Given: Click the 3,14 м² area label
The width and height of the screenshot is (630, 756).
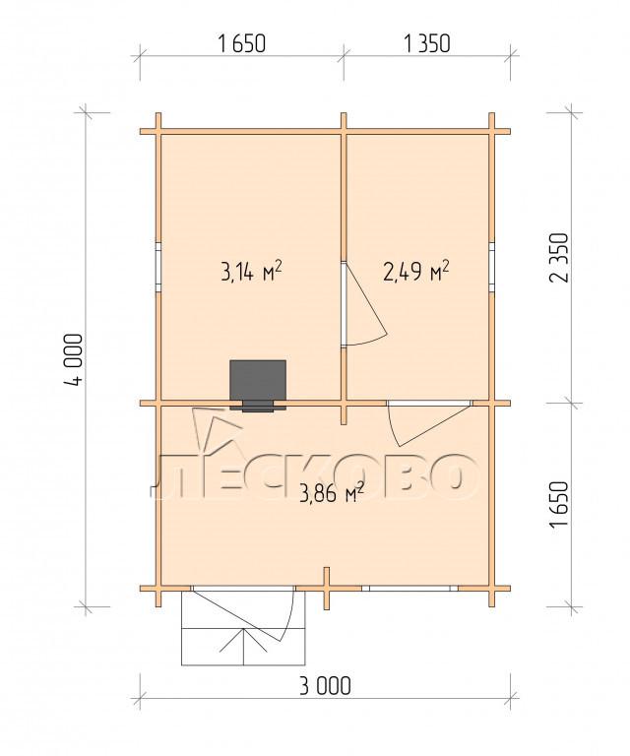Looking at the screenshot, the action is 251,272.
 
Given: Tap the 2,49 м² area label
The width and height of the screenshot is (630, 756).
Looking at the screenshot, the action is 416,272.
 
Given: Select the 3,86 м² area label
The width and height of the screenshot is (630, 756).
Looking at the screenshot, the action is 331,493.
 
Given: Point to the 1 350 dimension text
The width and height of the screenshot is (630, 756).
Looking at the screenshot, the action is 426,44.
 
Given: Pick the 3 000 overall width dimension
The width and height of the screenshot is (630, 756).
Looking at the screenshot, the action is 325,685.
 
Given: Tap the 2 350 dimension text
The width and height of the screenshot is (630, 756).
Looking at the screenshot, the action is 560,258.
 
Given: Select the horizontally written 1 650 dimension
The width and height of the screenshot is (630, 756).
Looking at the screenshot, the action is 241,44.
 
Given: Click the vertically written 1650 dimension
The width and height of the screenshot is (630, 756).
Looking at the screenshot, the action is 560,504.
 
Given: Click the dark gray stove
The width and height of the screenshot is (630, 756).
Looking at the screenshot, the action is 258,385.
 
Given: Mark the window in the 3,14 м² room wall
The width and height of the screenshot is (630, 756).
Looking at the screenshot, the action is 158,268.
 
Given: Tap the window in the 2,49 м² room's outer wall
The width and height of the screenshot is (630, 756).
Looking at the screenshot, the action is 491,268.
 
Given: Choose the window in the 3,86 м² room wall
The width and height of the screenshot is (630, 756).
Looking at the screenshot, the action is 409,589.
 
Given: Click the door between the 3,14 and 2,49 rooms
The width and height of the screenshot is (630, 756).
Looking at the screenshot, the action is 364,304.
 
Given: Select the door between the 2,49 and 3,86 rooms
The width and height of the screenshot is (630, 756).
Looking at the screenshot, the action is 429,423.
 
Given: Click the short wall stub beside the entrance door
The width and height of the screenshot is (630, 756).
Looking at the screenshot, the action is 327,589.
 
